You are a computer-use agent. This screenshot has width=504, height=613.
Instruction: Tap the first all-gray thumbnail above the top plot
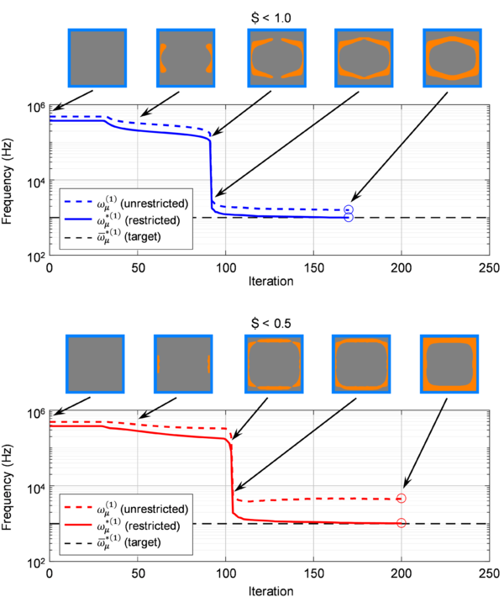[x=97, y=56]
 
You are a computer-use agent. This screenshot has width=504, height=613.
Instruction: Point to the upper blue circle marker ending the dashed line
[x=348, y=209]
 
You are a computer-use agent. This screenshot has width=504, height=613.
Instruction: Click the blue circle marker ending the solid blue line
[x=348, y=217]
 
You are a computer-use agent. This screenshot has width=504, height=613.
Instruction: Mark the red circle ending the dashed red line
[x=402, y=499]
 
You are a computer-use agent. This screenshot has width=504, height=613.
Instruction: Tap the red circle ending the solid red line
[x=402, y=523]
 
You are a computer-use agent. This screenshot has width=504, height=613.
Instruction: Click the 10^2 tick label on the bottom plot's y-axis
[x=37, y=563]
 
